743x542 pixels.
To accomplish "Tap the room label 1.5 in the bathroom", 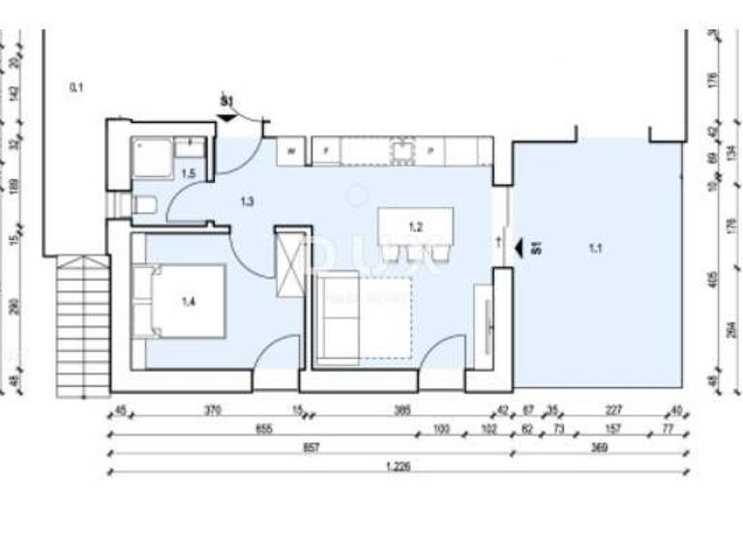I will click(189, 173).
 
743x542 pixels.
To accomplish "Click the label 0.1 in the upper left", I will click(76, 88).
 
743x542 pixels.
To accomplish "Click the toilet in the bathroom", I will click(144, 204).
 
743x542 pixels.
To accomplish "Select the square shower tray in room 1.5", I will click(152, 157).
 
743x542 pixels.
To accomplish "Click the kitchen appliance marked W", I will click(291, 150).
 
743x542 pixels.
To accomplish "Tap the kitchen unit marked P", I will click(430, 150).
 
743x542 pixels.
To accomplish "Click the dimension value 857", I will click(309, 448).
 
